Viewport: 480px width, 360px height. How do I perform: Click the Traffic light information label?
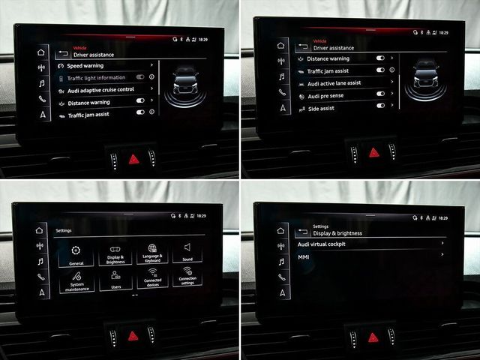point(96,78)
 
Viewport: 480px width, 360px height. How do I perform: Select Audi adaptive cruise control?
point(100,90)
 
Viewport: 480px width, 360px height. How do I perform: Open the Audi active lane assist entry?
point(334,82)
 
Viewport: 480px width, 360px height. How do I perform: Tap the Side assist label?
point(321,108)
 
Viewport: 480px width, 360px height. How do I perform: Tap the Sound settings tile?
point(187,253)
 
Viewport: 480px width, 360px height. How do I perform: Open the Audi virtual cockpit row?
point(322,244)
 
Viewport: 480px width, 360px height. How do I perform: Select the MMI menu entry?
point(304,256)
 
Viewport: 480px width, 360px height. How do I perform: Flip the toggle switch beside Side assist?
point(380,106)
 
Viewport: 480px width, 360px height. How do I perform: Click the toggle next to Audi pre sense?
point(380,94)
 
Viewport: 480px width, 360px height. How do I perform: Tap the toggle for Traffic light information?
point(139,77)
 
